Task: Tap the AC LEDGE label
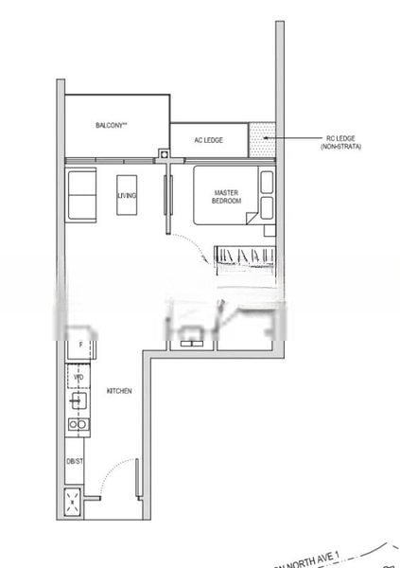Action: pyautogui.click(x=208, y=140)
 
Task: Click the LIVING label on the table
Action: pyautogui.click(x=127, y=195)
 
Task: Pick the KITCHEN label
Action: pyautogui.click(x=118, y=391)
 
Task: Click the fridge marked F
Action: pyautogui.click(x=80, y=348)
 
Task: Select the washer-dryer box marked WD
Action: pyautogui.click(x=79, y=379)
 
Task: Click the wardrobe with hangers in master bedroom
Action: pyautogui.click(x=243, y=256)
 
